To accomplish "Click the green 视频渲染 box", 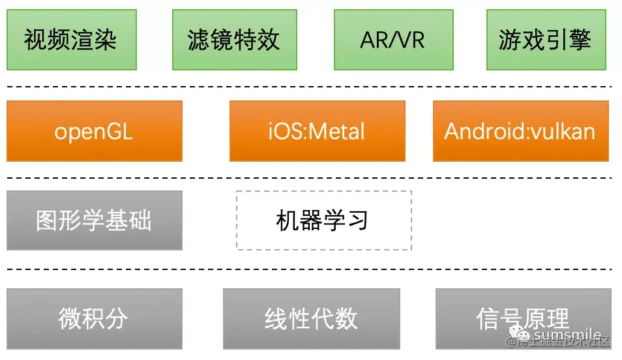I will coord(71,40).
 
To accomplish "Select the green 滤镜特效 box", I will coord(233,40).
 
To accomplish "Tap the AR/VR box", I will coord(392,40).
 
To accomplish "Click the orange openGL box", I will coord(94,131).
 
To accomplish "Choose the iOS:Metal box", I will coord(317,131).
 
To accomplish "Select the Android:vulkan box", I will coord(520,131).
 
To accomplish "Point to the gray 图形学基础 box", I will coord(94,220).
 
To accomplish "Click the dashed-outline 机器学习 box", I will coord(323,220).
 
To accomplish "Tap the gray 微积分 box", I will coord(94,319).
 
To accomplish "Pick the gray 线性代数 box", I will coord(311,319).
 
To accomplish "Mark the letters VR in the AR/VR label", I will coord(411,40).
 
